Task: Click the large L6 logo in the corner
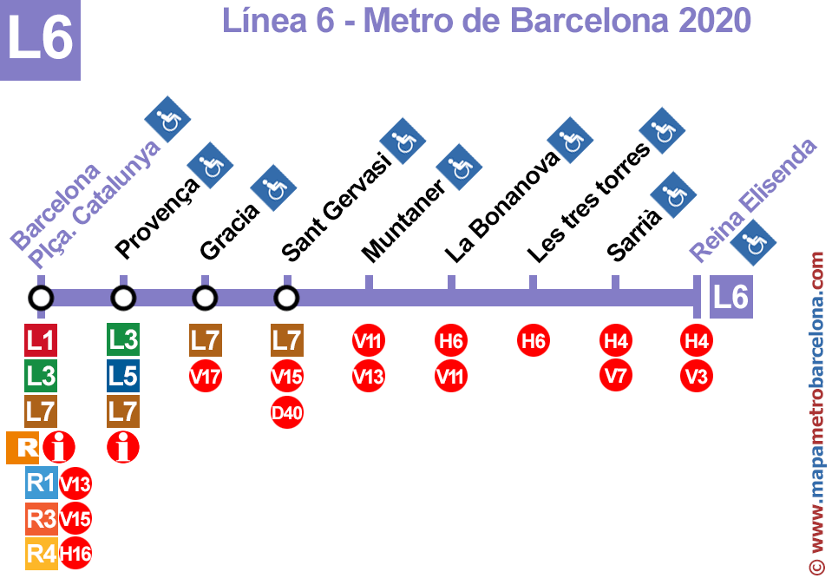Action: pyautogui.click(x=40, y=40)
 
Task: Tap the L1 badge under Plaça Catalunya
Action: pyautogui.click(x=41, y=339)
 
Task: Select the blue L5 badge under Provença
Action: pyautogui.click(x=123, y=376)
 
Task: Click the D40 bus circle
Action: pyautogui.click(x=286, y=412)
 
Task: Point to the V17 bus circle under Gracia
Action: pyautogui.click(x=206, y=377)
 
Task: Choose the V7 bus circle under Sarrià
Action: pyautogui.click(x=615, y=376)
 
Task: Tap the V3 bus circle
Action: pyautogui.click(x=697, y=376)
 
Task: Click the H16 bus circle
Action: pyautogui.click(x=75, y=553)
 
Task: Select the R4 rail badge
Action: pyautogui.click(x=42, y=554)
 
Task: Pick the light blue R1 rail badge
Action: pyautogui.click(x=42, y=483)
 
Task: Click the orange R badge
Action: pyautogui.click(x=23, y=448)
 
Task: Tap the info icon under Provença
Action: pyautogui.click(x=123, y=448)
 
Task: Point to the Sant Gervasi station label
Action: pyautogui.click(x=337, y=207)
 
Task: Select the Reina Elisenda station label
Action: pyautogui.click(x=753, y=200)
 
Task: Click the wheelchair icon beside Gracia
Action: pyautogui.click(x=273, y=188)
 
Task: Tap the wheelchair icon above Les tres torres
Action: pyautogui.click(x=662, y=130)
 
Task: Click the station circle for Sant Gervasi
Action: pyautogui.click(x=286, y=299)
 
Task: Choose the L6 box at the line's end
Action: pyautogui.click(x=731, y=297)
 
